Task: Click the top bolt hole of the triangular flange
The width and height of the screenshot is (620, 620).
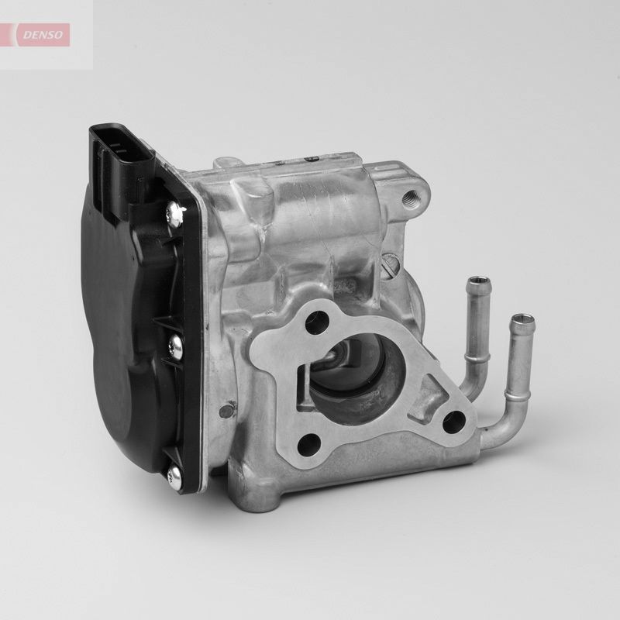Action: pyautogui.click(x=313, y=324)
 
